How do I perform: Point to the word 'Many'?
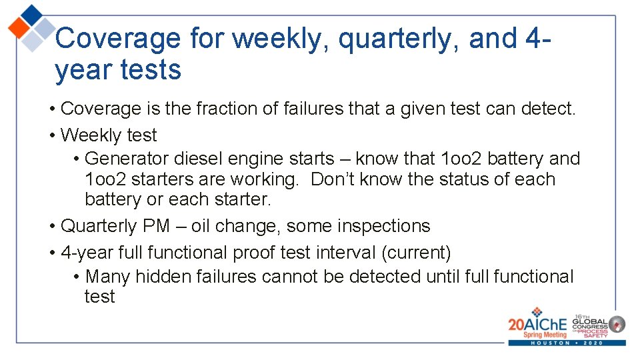(108, 276)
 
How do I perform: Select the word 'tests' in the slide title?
(150, 69)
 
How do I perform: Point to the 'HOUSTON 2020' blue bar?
(567, 343)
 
